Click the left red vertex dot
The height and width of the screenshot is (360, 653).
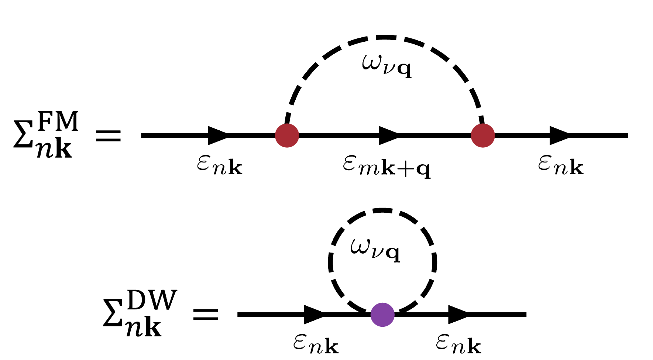[287, 136]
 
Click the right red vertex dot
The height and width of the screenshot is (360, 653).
[482, 136]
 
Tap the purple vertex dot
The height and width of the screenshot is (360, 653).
[382, 315]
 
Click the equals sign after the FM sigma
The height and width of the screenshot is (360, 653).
[108, 136]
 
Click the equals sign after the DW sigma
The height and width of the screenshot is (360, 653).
[206, 314]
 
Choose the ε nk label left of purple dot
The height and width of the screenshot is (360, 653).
[316, 344]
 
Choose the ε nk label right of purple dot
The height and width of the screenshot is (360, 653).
[458, 344]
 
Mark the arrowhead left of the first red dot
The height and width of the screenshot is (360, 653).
[218, 136]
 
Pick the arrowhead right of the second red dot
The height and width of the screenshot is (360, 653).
[559, 136]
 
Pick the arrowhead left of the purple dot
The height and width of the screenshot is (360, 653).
[314, 315]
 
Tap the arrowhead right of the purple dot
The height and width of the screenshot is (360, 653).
[458, 315]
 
